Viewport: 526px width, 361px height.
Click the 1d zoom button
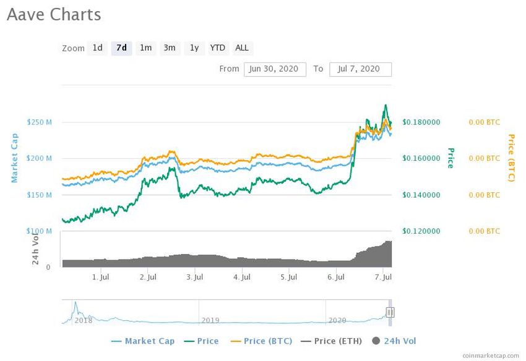pos(97,48)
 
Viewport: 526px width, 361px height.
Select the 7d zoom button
pos(121,48)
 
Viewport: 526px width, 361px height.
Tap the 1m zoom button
pos(145,48)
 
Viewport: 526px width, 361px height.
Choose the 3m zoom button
pos(170,48)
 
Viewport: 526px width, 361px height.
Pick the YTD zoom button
pos(218,48)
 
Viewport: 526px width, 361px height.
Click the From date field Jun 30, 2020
pos(275,69)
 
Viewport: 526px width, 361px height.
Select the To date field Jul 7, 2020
pos(360,69)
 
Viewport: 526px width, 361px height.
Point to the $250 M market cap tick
pos(40,122)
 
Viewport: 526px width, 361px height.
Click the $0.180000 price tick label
pos(421,122)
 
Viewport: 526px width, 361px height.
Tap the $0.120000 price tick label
pos(421,231)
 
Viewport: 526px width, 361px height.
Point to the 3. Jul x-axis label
pos(195,278)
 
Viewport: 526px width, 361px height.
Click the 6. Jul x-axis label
pos(336,278)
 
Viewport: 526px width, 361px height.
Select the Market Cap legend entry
pos(143,341)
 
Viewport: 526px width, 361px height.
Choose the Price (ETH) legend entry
pos(334,341)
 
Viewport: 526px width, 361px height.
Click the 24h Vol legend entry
pos(396,341)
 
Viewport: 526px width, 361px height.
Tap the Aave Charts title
pos(54,15)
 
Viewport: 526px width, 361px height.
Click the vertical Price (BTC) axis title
pos(511,158)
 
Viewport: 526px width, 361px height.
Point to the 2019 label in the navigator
pos(210,320)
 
